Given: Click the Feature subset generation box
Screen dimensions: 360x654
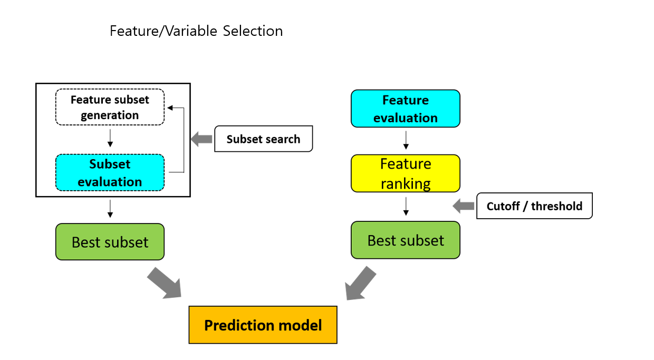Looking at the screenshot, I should pos(110,107).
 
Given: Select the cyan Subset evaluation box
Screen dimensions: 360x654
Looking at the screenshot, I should pos(110,172).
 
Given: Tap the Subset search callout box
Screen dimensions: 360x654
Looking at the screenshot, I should pos(263,139).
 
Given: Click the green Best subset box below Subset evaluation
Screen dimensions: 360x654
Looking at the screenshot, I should pos(110,242).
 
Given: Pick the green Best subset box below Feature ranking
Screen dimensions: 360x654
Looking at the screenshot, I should pos(406,240).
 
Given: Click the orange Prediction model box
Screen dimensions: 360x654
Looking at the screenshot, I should pos(263,325).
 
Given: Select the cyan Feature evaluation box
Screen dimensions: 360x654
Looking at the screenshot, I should pos(406,109).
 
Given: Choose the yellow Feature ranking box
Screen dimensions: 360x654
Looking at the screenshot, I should pos(406,173).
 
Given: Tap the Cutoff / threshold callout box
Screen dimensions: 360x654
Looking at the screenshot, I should pos(534,206).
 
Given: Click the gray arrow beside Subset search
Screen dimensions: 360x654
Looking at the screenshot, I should pos(201,139).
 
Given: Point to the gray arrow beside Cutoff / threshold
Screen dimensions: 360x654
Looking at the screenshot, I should pos(464,206).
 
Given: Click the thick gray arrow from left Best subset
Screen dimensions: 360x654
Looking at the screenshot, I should pos(164,283).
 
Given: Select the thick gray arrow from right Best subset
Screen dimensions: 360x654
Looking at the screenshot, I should pos(361,283).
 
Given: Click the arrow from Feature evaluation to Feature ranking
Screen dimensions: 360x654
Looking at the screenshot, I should pos(406,140).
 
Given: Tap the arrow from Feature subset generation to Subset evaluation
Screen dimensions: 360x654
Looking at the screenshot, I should pos(110,138).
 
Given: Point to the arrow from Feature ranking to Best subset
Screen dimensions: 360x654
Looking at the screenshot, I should pos(406,206).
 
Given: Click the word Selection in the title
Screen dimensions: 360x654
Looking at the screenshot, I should pos(253,31).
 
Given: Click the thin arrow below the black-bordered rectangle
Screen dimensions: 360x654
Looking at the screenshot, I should pos(110,209).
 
